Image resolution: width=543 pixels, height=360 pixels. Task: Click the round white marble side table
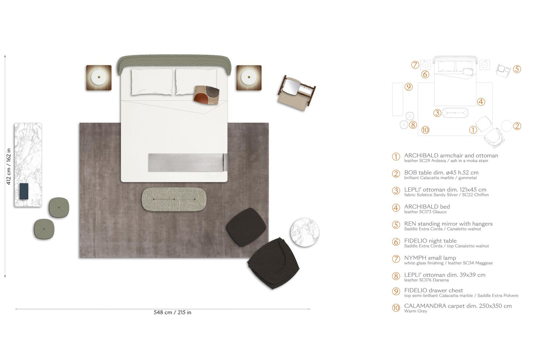305,232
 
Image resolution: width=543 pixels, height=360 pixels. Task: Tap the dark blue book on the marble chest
24,191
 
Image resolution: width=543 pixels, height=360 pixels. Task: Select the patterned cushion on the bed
207,95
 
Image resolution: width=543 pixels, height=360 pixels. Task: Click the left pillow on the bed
152,82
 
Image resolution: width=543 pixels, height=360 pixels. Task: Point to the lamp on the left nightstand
99,77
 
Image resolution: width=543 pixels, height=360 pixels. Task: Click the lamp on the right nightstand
249,77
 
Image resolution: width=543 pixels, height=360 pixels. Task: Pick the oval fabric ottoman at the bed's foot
174,199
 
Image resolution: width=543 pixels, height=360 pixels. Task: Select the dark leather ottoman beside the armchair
246,227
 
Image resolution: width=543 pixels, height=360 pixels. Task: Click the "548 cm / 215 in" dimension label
172,312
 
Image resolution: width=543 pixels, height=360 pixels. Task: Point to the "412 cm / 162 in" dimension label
8,167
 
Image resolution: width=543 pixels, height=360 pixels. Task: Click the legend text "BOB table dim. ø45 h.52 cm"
441,173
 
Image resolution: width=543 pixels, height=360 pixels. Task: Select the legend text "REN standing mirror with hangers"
448,224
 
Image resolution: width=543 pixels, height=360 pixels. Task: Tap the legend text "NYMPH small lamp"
430,258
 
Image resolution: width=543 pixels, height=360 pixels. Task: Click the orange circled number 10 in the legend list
396,308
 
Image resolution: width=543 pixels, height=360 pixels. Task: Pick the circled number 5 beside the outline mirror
517,69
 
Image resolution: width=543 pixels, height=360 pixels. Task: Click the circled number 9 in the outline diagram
408,87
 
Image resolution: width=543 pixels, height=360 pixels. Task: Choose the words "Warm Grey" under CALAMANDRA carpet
416,311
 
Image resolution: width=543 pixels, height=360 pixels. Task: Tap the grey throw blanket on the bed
188,162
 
